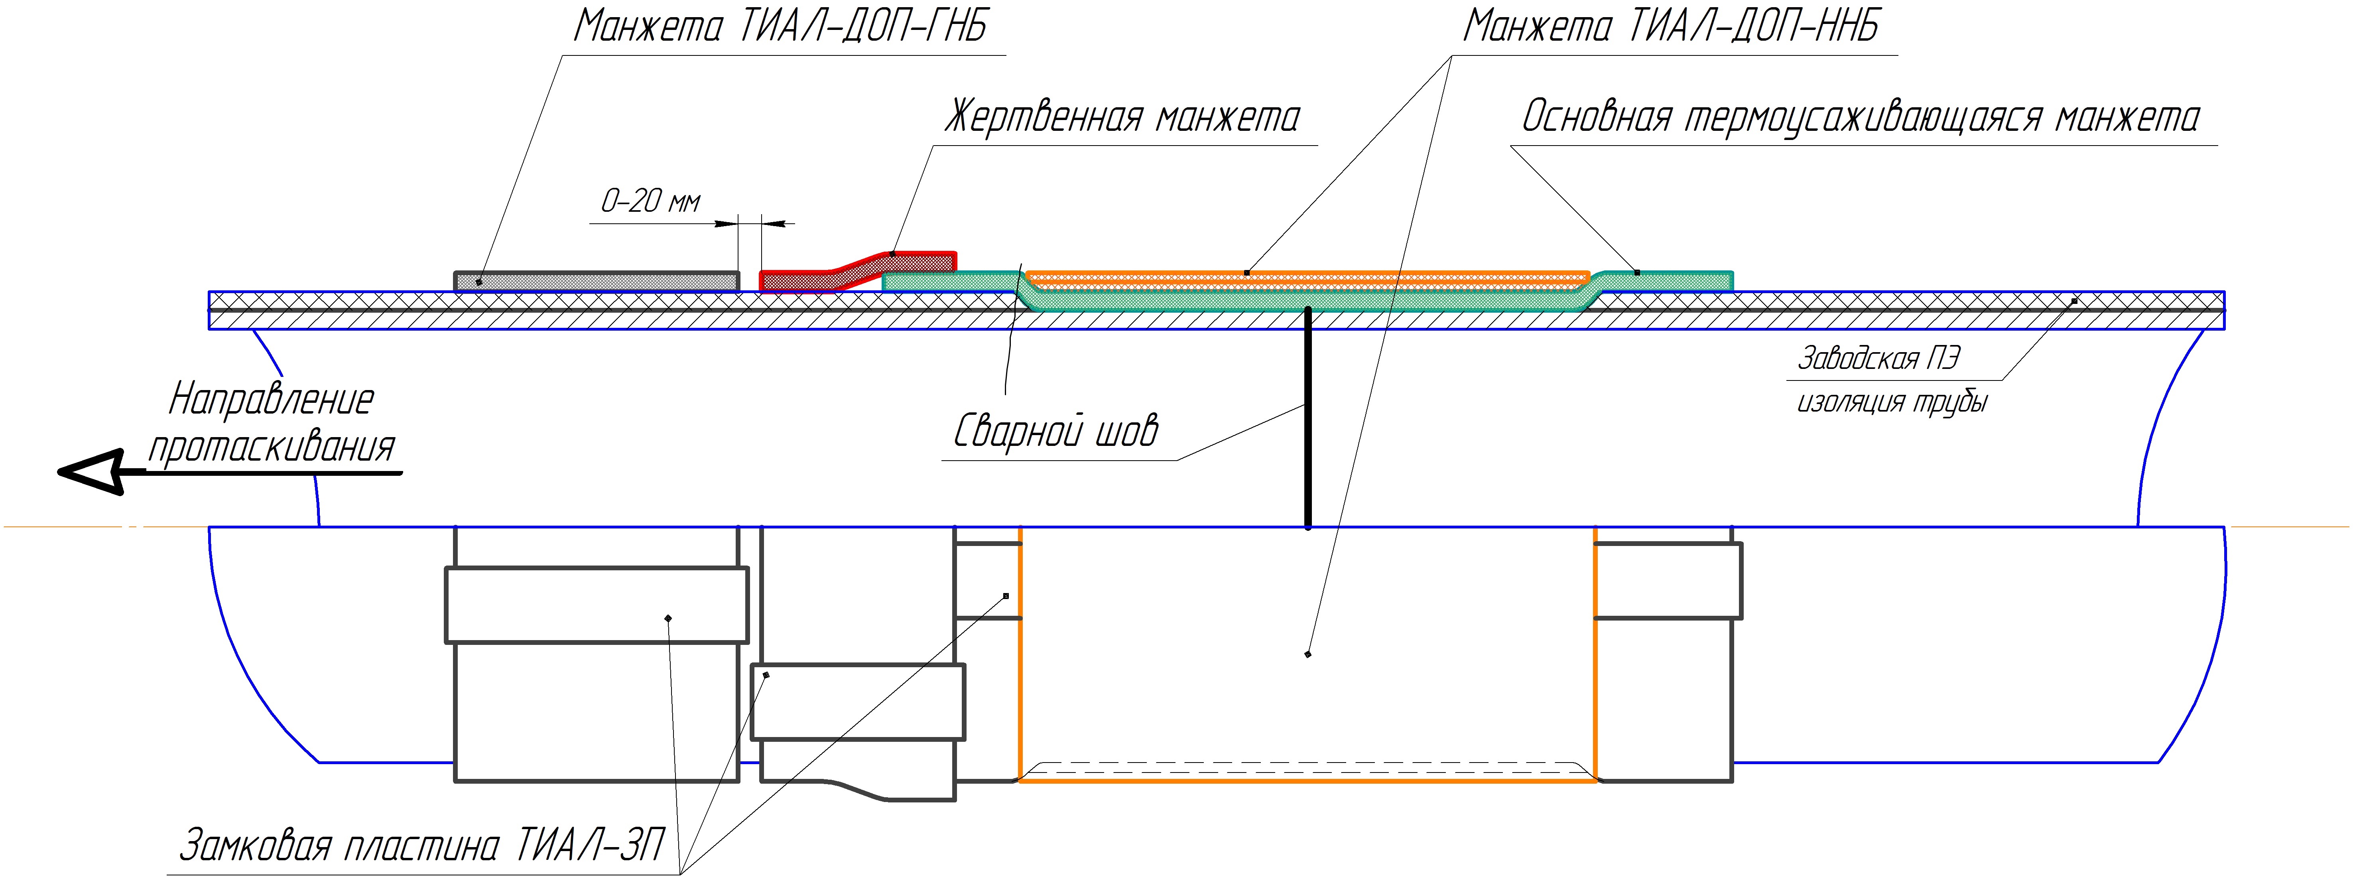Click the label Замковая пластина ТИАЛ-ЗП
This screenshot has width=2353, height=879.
tap(422, 845)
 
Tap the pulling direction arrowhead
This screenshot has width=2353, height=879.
tap(89, 471)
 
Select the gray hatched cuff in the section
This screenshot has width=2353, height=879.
tap(597, 280)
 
